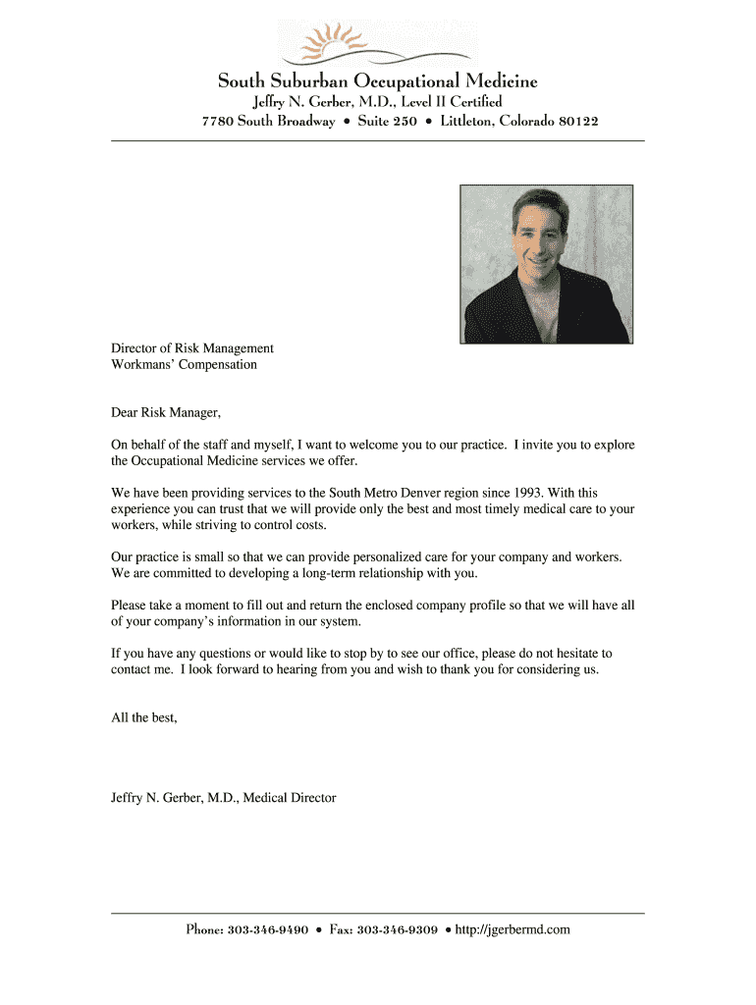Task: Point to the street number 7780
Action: coord(217,122)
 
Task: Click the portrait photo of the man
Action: coord(546,264)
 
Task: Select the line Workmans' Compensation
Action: coord(184,365)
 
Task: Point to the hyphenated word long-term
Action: coord(306,573)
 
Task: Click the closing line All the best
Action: coord(144,717)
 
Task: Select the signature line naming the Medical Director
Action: coord(223,798)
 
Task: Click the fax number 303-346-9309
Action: coord(398,929)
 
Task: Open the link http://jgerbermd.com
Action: coord(513,929)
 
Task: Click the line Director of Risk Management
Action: coord(192,348)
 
